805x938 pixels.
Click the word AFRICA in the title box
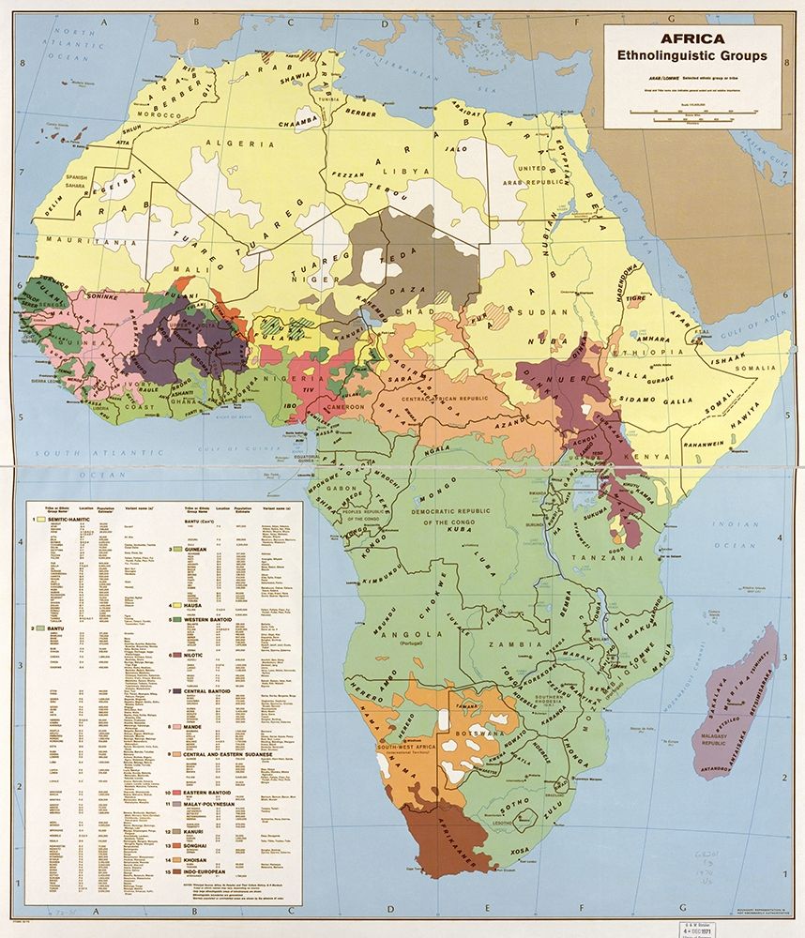pyautogui.click(x=692, y=38)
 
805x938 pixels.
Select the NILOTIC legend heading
pyautogui.click(x=191, y=655)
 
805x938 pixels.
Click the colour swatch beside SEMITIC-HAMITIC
pyautogui.click(x=41, y=519)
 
